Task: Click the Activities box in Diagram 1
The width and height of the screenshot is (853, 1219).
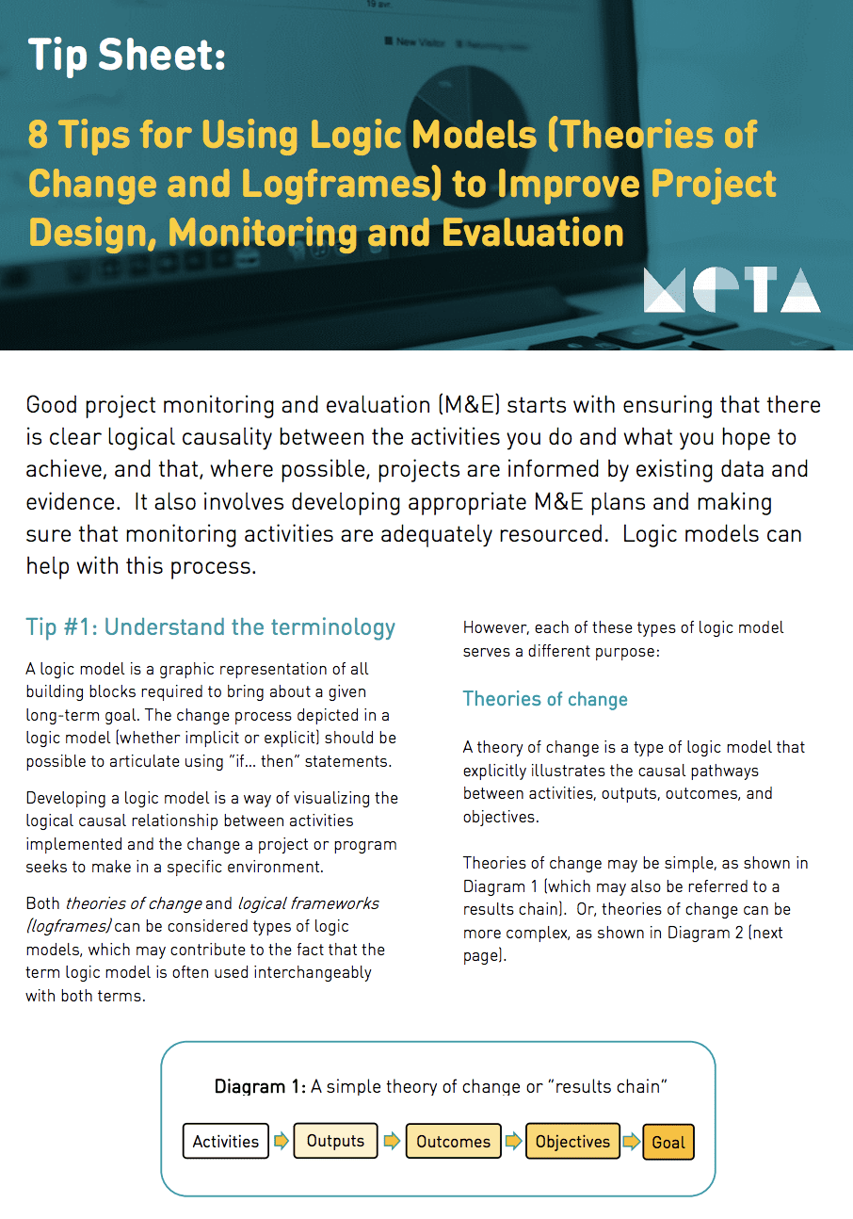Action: (x=226, y=1142)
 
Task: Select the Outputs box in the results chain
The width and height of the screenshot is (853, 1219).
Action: (x=335, y=1141)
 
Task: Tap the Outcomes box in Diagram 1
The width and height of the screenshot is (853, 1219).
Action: (x=453, y=1142)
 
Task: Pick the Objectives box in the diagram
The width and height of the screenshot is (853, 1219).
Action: (x=572, y=1142)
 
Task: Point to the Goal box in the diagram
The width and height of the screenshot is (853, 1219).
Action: (x=668, y=1143)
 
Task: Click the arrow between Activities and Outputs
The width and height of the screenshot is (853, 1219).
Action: (x=282, y=1142)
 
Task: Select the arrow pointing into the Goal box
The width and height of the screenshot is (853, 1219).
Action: (x=632, y=1142)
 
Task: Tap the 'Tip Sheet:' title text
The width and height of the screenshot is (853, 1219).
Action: (x=126, y=56)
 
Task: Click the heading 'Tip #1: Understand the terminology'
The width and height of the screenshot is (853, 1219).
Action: (x=211, y=627)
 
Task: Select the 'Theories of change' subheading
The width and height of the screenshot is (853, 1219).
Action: (x=545, y=699)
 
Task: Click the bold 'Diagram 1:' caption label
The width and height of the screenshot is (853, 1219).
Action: (x=260, y=1086)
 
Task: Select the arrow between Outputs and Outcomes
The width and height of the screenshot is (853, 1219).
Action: (x=392, y=1142)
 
